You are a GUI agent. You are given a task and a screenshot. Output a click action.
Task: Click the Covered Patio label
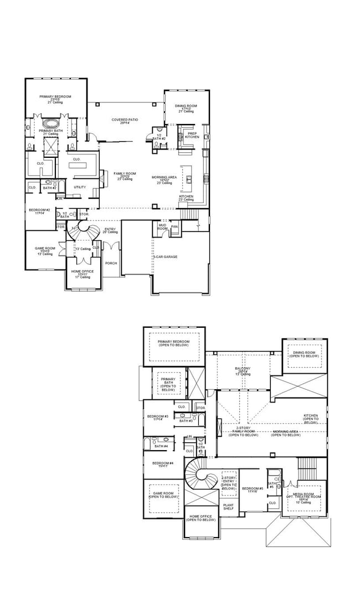click(x=125, y=121)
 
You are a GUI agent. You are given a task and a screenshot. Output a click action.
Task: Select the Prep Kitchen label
click(x=192, y=135)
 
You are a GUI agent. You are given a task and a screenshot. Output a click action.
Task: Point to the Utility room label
click(x=80, y=187)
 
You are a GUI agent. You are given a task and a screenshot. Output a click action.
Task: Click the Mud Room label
click(x=163, y=226)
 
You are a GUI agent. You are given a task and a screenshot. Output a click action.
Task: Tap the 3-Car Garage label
click(x=165, y=257)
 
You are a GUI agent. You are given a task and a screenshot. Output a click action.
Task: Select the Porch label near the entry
click(x=111, y=263)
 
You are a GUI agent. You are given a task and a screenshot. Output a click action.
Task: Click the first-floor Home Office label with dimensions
click(x=81, y=272)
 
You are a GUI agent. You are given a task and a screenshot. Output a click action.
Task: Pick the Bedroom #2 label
click(x=40, y=211)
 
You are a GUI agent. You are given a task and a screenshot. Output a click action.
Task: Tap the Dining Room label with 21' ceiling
click(x=186, y=107)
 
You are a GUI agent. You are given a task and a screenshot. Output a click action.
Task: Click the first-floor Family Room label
click(x=125, y=175)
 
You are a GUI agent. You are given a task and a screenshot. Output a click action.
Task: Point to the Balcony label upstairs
click(x=243, y=369)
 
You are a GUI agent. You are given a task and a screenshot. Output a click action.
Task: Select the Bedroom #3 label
click(x=158, y=417)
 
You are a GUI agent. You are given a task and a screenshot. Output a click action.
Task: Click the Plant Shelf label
click(x=228, y=507)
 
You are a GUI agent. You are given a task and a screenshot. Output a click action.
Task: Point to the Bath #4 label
click(x=161, y=446)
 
